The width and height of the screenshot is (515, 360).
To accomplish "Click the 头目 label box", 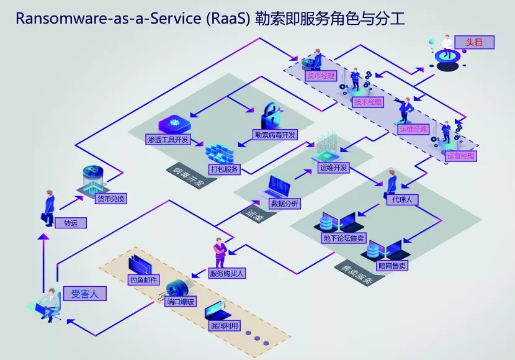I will pyautogui.click(x=475, y=42).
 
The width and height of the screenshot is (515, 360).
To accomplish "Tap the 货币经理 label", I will pyautogui.click(x=321, y=76).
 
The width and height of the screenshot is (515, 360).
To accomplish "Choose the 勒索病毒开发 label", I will pyautogui.click(x=275, y=134).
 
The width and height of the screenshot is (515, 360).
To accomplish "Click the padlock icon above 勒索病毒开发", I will pyautogui.click(x=274, y=115).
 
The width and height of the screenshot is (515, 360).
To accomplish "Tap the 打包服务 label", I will pyautogui.click(x=223, y=169).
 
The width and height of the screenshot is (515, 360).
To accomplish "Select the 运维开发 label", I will pyautogui.click(x=333, y=168).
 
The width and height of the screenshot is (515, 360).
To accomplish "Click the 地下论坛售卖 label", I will pyautogui.click(x=344, y=238).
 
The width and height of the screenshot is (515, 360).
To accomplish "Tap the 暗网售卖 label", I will pyautogui.click(x=392, y=266).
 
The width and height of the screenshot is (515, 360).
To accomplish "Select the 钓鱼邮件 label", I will pyautogui.click(x=144, y=280).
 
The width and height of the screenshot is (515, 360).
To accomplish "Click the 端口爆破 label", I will pyautogui.click(x=181, y=302).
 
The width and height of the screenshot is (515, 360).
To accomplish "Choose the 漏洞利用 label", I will pyautogui.click(x=223, y=325).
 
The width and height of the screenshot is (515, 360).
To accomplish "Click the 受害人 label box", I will pyautogui.click(x=84, y=293).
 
